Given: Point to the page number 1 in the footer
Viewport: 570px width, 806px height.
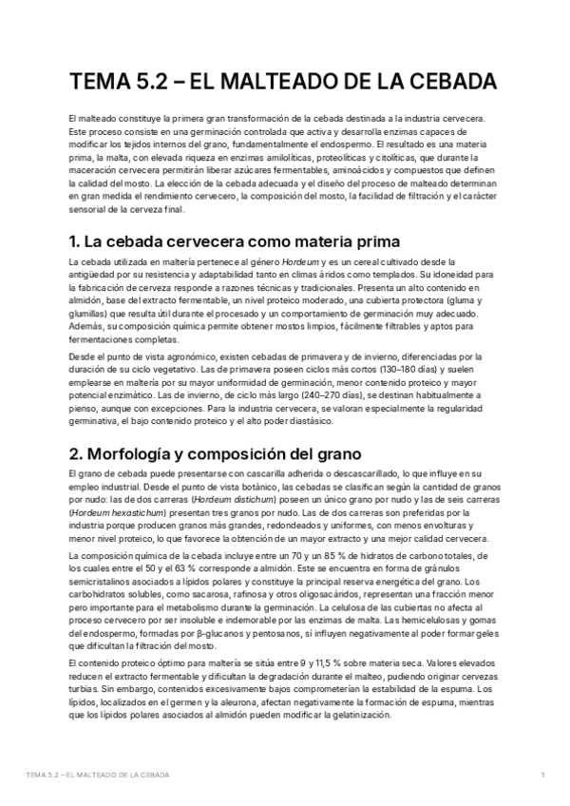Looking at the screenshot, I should coord(541,776).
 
